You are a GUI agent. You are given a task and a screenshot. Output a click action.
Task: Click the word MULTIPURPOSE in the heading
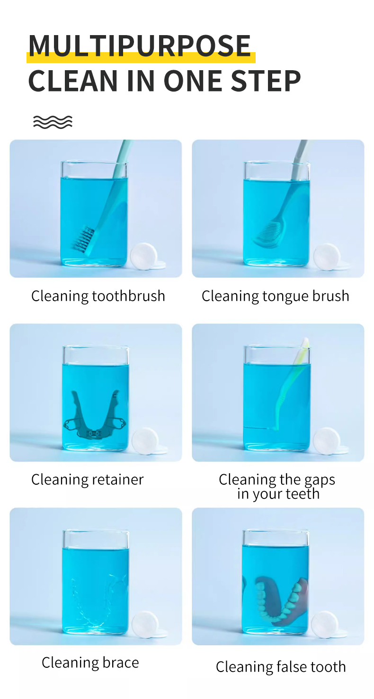click(140, 46)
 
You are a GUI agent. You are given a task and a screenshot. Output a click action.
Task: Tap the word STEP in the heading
click(266, 81)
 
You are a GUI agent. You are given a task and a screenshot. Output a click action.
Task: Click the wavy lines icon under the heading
click(53, 122)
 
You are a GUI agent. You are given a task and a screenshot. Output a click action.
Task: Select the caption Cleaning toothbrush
click(98, 296)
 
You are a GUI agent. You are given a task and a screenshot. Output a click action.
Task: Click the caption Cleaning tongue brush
click(275, 296)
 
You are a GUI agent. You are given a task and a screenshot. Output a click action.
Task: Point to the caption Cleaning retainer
click(88, 479)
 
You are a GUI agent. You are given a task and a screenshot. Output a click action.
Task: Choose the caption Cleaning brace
click(90, 662)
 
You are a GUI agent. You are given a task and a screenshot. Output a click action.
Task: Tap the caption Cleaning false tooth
click(281, 667)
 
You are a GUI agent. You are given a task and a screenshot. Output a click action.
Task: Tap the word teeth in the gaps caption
click(303, 494)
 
